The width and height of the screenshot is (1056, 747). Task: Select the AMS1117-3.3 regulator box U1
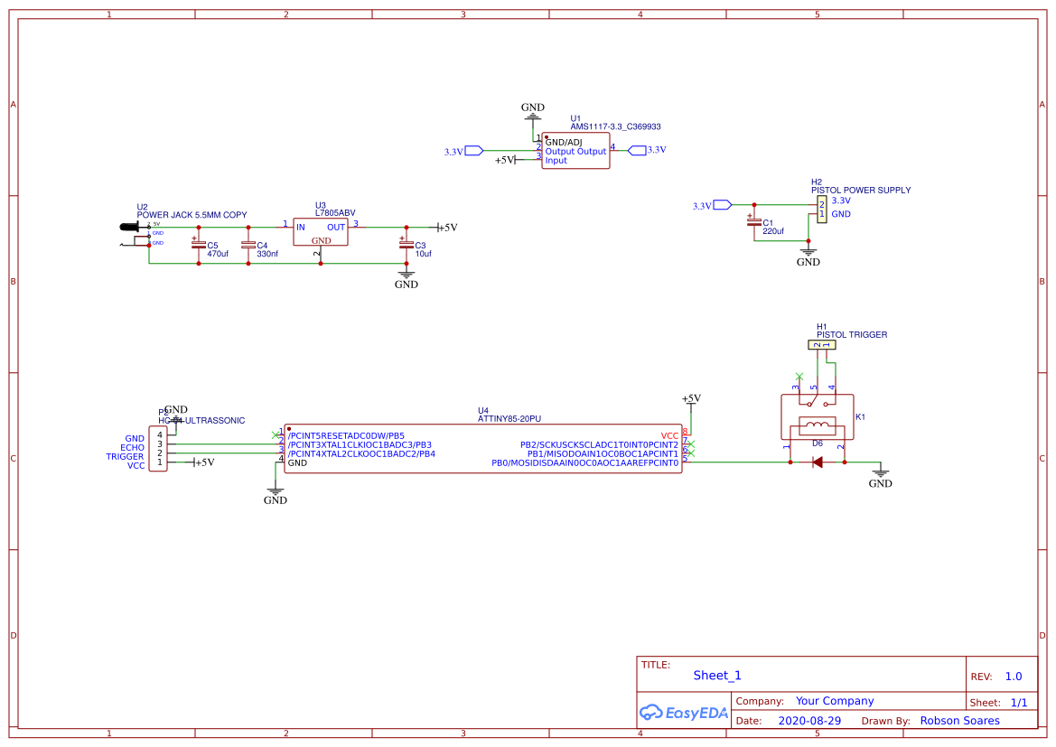coord(575,151)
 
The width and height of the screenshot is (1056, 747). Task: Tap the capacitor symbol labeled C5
coord(198,244)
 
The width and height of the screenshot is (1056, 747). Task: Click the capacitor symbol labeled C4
coord(248,244)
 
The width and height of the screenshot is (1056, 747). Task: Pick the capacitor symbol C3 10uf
coord(406,243)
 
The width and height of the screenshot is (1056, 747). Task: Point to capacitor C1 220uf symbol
coord(752,220)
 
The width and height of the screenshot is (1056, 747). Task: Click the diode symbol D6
coord(817,462)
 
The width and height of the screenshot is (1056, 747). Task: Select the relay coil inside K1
coord(817,426)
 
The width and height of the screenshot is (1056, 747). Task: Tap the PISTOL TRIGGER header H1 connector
coord(822,344)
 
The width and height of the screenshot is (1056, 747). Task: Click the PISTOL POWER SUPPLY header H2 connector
coord(821,210)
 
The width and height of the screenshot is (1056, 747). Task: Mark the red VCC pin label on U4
coord(669,435)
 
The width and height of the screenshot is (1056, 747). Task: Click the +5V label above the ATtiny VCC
coord(690,398)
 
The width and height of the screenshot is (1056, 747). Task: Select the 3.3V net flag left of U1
coord(472,151)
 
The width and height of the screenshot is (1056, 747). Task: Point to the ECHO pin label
coord(132,447)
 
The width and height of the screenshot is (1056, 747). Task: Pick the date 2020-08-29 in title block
coord(809,721)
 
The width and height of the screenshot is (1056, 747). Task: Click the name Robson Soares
coord(959,721)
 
